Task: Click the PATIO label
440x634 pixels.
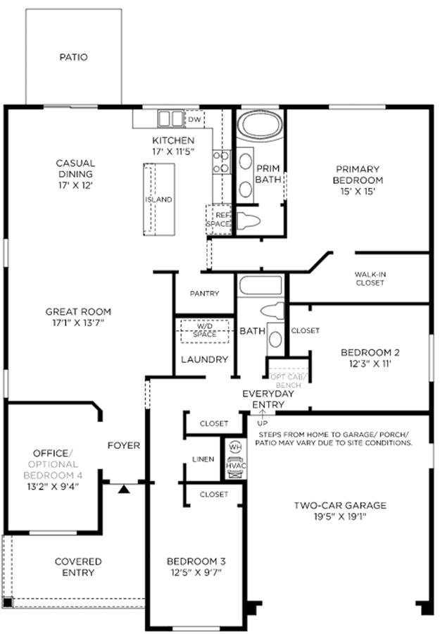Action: coord(73,57)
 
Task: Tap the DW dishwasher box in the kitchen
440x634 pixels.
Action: coord(195,120)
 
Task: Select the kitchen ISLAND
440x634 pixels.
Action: coord(159,199)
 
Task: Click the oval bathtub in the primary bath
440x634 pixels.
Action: coord(260,124)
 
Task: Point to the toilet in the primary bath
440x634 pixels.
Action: coord(248,221)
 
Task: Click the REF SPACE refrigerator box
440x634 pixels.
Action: coord(218,220)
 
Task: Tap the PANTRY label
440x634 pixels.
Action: coord(204,294)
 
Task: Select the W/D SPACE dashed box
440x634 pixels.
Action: coord(204,331)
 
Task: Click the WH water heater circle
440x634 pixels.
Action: coord(235,447)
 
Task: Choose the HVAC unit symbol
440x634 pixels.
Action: coord(236,467)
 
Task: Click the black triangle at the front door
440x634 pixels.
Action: coord(124,490)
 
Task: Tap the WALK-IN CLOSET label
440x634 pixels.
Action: coord(370,278)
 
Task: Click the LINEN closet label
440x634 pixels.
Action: coord(203,459)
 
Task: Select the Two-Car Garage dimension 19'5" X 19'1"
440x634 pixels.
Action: coord(340,516)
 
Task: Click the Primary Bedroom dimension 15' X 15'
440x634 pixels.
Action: coord(358,191)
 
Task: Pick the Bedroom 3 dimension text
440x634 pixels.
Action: coord(196,573)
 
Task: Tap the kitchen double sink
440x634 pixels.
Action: coord(170,119)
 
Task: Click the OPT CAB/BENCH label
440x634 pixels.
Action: coord(288,381)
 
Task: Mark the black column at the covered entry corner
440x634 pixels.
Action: coord(7,602)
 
